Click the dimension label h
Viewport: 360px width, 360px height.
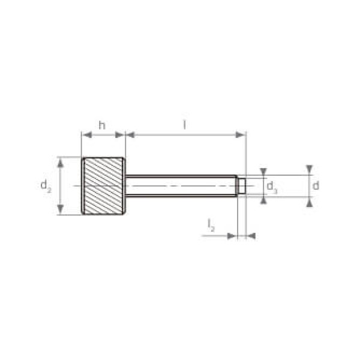pos(102,125)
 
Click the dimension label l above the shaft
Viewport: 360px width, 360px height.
pos(184,125)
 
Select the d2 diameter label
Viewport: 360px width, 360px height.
pos(46,186)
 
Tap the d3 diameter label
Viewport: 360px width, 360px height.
pos(272,187)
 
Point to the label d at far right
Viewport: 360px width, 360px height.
pos(316,185)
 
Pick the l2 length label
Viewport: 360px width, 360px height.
pos(211,226)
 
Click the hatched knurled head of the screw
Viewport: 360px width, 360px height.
pos(103,186)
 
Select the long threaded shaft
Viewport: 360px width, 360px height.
pos(181,186)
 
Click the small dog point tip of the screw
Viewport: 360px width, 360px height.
pos(242,186)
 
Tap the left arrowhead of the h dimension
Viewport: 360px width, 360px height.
pos(87,135)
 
